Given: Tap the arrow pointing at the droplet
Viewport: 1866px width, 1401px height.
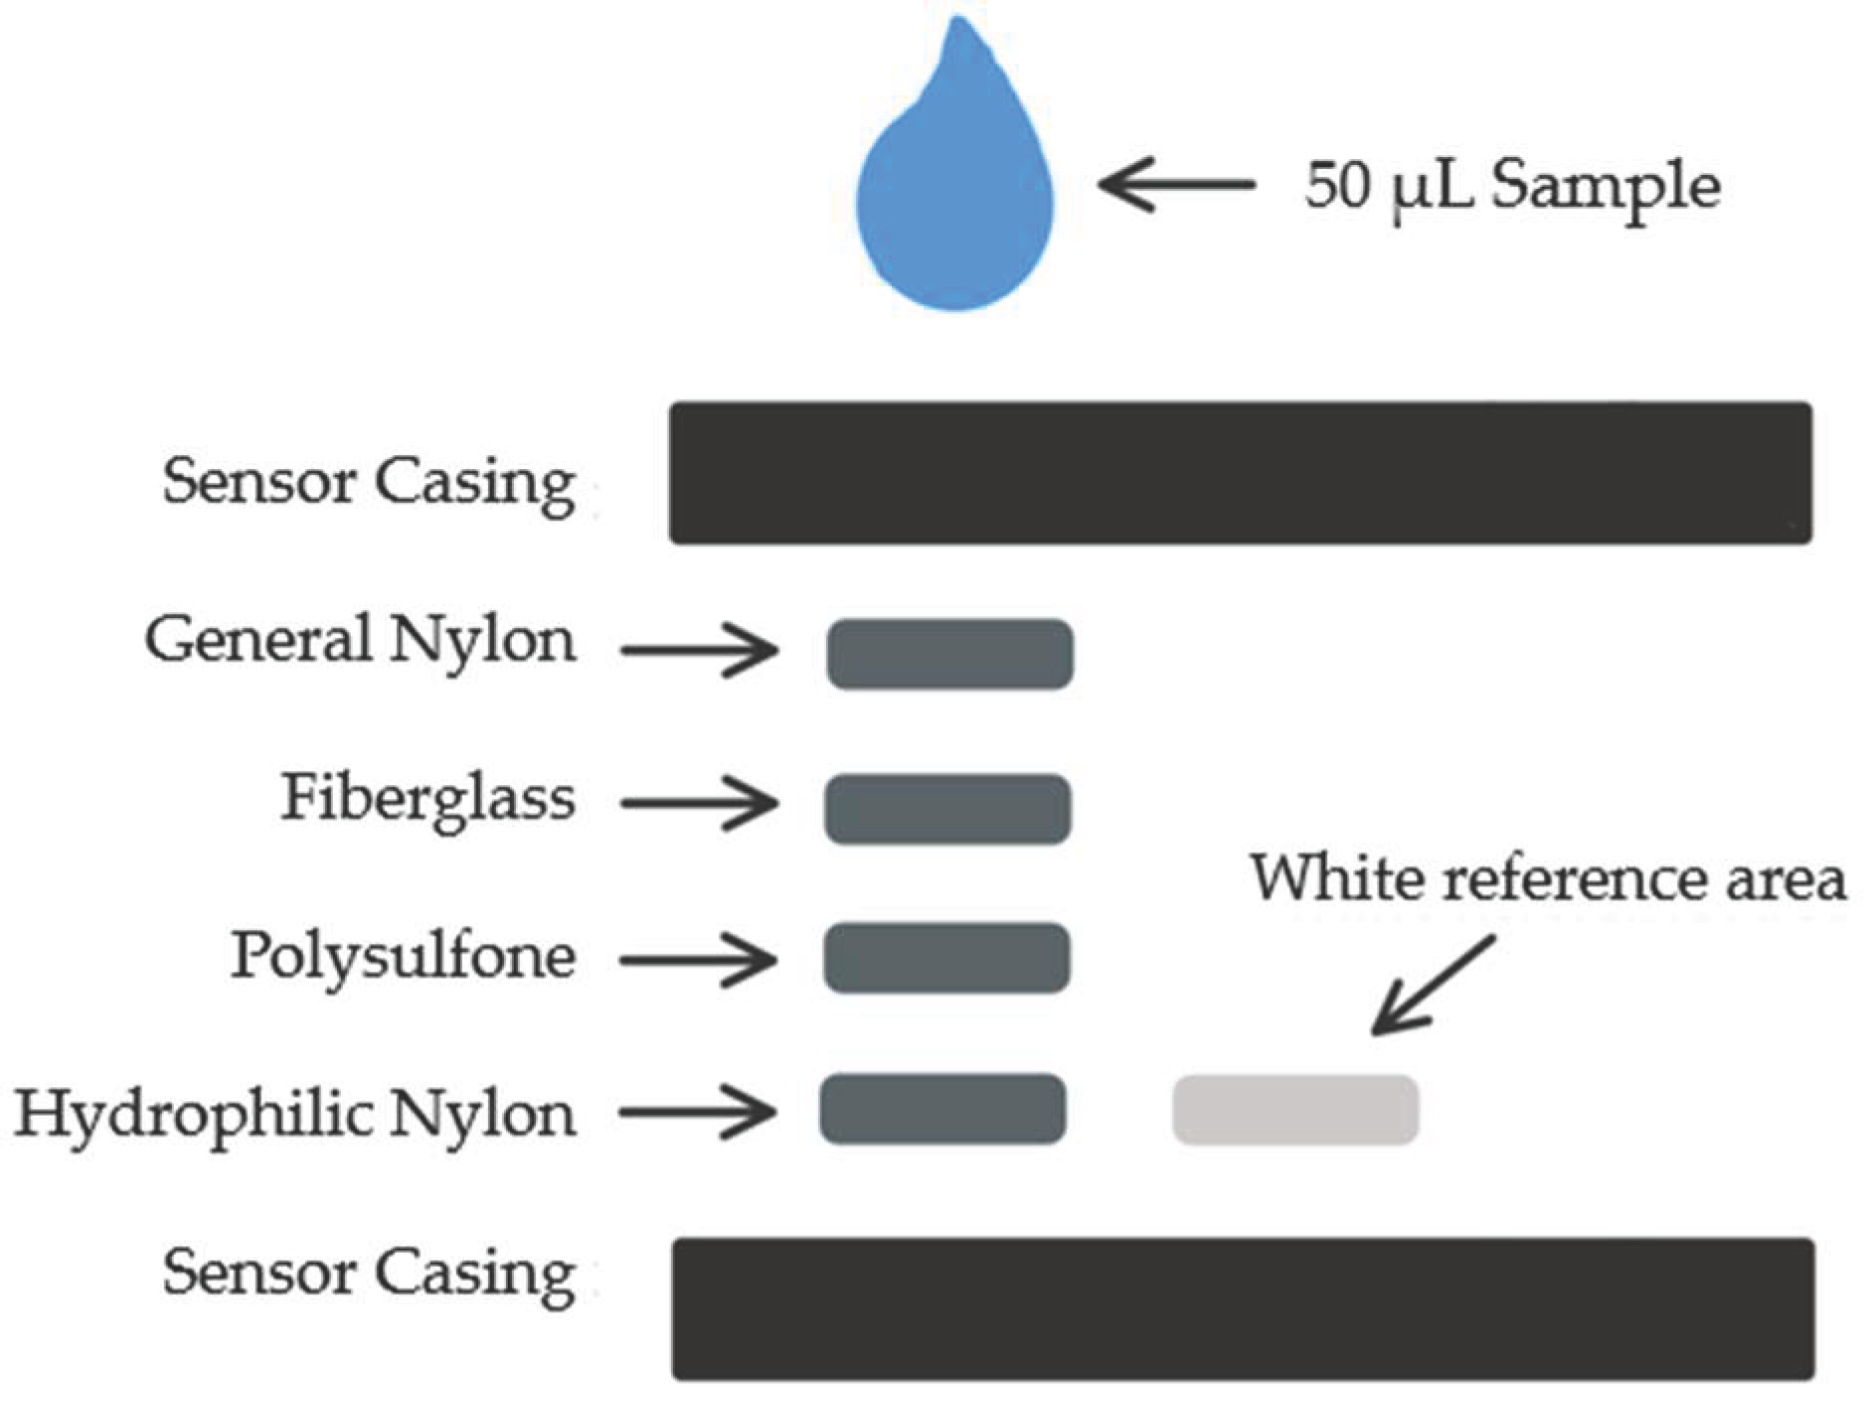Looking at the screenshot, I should (x=1175, y=184).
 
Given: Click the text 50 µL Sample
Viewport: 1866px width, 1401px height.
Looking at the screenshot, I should (x=1511, y=186).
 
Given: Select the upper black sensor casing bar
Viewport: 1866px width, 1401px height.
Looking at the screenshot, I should (x=1240, y=473).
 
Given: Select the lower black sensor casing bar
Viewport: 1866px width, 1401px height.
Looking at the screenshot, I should (x=1243, y=1309).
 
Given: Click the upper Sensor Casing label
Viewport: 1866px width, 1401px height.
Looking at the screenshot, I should (x=369, y=483).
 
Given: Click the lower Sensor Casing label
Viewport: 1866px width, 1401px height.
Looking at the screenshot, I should (x=369, y=1273).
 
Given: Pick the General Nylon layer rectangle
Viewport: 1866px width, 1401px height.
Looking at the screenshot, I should (x=949, y=654).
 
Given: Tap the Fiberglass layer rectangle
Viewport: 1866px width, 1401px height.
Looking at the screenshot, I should (x=947, y=809).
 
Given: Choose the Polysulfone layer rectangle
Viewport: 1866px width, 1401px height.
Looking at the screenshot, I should (x=946, y=958).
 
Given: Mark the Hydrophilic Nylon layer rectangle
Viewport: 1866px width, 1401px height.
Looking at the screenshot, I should (x=942, y=1109).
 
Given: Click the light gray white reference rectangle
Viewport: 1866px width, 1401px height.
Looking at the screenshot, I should (x=1295, y=1110).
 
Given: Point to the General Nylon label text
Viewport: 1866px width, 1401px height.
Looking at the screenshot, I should (x=360, y=641).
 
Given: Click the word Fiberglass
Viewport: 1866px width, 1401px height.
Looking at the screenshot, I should (x=427, y=799).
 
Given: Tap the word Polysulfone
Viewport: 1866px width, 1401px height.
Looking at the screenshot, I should (x=403, y=957).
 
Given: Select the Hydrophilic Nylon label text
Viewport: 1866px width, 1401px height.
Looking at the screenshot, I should (x=295, y=1115).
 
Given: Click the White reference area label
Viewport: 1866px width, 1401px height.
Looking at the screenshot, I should (x=1547, y=879).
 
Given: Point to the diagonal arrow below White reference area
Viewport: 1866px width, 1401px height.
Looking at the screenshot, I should (x=1432, y=986).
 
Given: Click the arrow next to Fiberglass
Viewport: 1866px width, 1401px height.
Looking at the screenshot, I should (x=699, y=803).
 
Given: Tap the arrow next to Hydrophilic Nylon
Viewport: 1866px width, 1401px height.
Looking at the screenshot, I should (x=697, y=1112).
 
